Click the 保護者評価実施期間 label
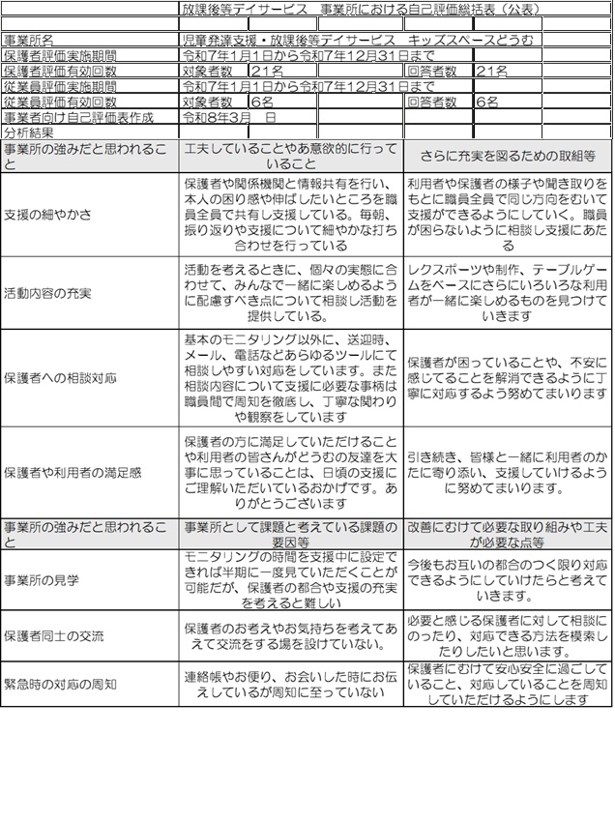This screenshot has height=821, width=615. (60, 56)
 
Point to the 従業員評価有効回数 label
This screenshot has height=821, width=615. (60, 101)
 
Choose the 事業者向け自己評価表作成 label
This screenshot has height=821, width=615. (78, 116)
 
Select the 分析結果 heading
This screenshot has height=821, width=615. (30, 132)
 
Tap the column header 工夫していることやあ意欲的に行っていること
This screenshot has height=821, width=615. (290, 156)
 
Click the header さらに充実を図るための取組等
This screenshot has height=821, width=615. (509, 156)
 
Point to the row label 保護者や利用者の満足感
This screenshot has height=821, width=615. (73, 473)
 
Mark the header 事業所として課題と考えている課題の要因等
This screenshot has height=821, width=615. (290, 535)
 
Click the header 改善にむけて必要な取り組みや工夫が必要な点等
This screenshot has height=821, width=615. (509, 535)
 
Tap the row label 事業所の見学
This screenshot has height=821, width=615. (42, 580)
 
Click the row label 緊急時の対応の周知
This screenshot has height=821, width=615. (60, 685)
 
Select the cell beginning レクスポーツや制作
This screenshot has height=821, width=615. (509, 292)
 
